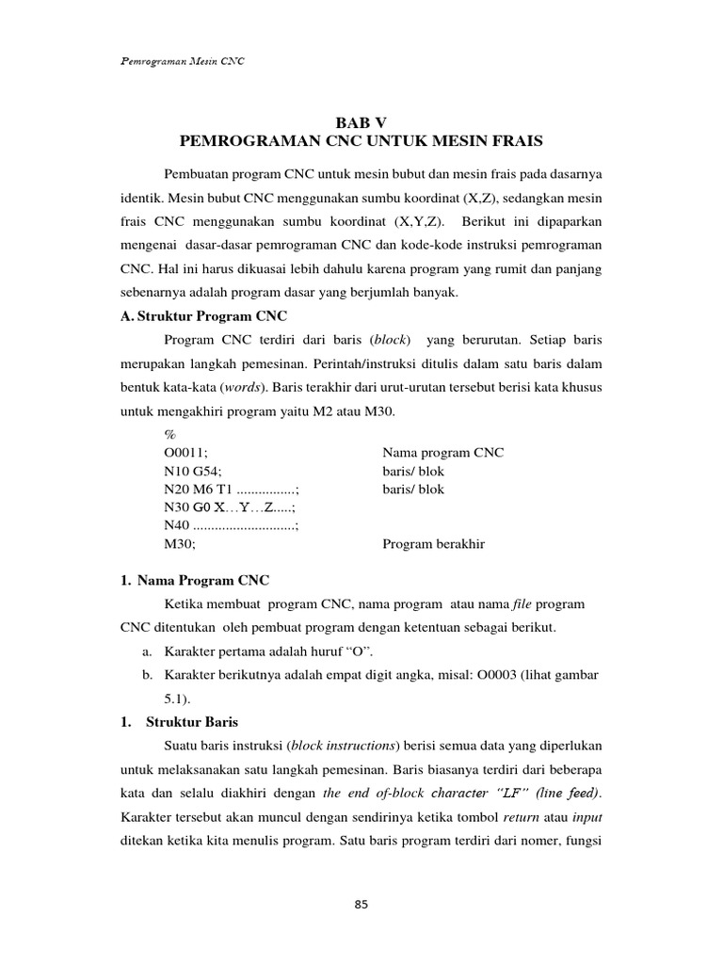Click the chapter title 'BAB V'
tap(361, 121)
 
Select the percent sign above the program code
tap(170, 435)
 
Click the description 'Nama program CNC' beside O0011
tap(442, 453)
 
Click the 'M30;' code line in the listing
tap(180, 544)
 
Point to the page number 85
tap(361, 905)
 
